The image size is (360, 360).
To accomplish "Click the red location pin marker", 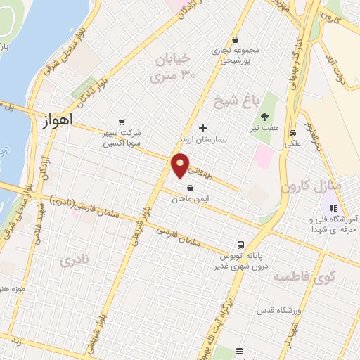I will tap(181, 165).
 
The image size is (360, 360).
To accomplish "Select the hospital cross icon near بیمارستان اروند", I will tap(203, 128).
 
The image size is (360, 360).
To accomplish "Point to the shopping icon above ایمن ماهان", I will tap(191, 187).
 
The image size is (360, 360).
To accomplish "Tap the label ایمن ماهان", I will tap(191, 199).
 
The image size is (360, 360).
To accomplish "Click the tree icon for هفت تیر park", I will tap(264, 117).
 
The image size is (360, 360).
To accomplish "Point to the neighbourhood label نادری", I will tap(75, 262).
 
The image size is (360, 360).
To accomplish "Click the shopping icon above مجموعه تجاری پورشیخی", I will tap(235, 39).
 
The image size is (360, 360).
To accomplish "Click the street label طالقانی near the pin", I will tap(199, 170).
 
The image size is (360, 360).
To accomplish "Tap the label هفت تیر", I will tap(264, 129).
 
